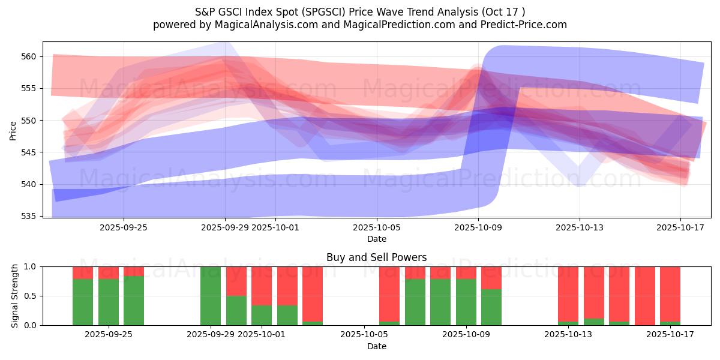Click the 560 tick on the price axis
tap(29, 56)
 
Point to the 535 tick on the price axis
tap(29, 216)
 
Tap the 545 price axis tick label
tap(29, 152)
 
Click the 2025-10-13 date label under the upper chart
tap(580, 227)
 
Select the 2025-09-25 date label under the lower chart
tap(109, 335)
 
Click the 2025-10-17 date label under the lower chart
tap(670, 335)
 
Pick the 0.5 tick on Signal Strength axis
tap(31, 296)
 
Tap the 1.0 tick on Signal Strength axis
tap(31, 266)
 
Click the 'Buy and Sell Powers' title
tap(376, 257)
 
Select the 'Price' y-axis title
tap(13, 130)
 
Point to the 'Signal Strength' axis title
tap(15, 296)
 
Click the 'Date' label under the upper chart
tap(377, 239)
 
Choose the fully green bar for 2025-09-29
tap(211, 296)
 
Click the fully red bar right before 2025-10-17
tap(645, 296)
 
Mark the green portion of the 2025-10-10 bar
tap(491, 307)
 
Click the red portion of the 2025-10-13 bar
tap(568, 294)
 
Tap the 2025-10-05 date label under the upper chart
tap(377, 227)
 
